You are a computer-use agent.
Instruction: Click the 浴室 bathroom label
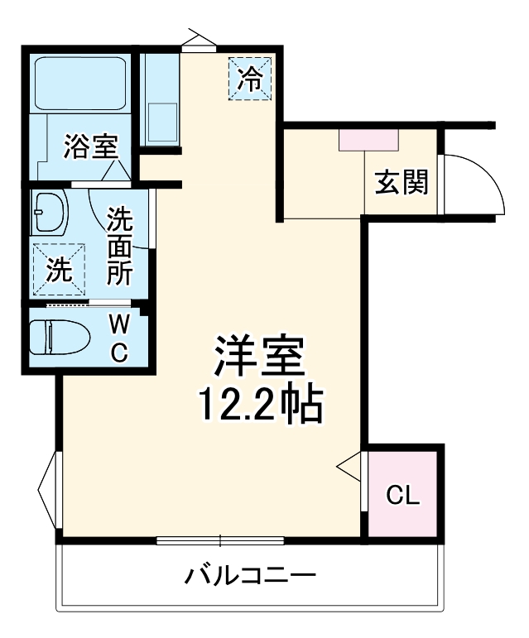(91, 147)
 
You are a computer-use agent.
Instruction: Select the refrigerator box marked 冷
(250, 79)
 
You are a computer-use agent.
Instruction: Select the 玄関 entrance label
(402, 181)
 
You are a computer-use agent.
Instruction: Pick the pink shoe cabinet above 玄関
(369, 140)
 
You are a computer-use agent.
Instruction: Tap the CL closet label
(404, 496)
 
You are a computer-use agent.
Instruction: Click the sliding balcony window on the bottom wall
(220, 541)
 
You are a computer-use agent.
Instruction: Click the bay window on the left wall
(48, 492)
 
